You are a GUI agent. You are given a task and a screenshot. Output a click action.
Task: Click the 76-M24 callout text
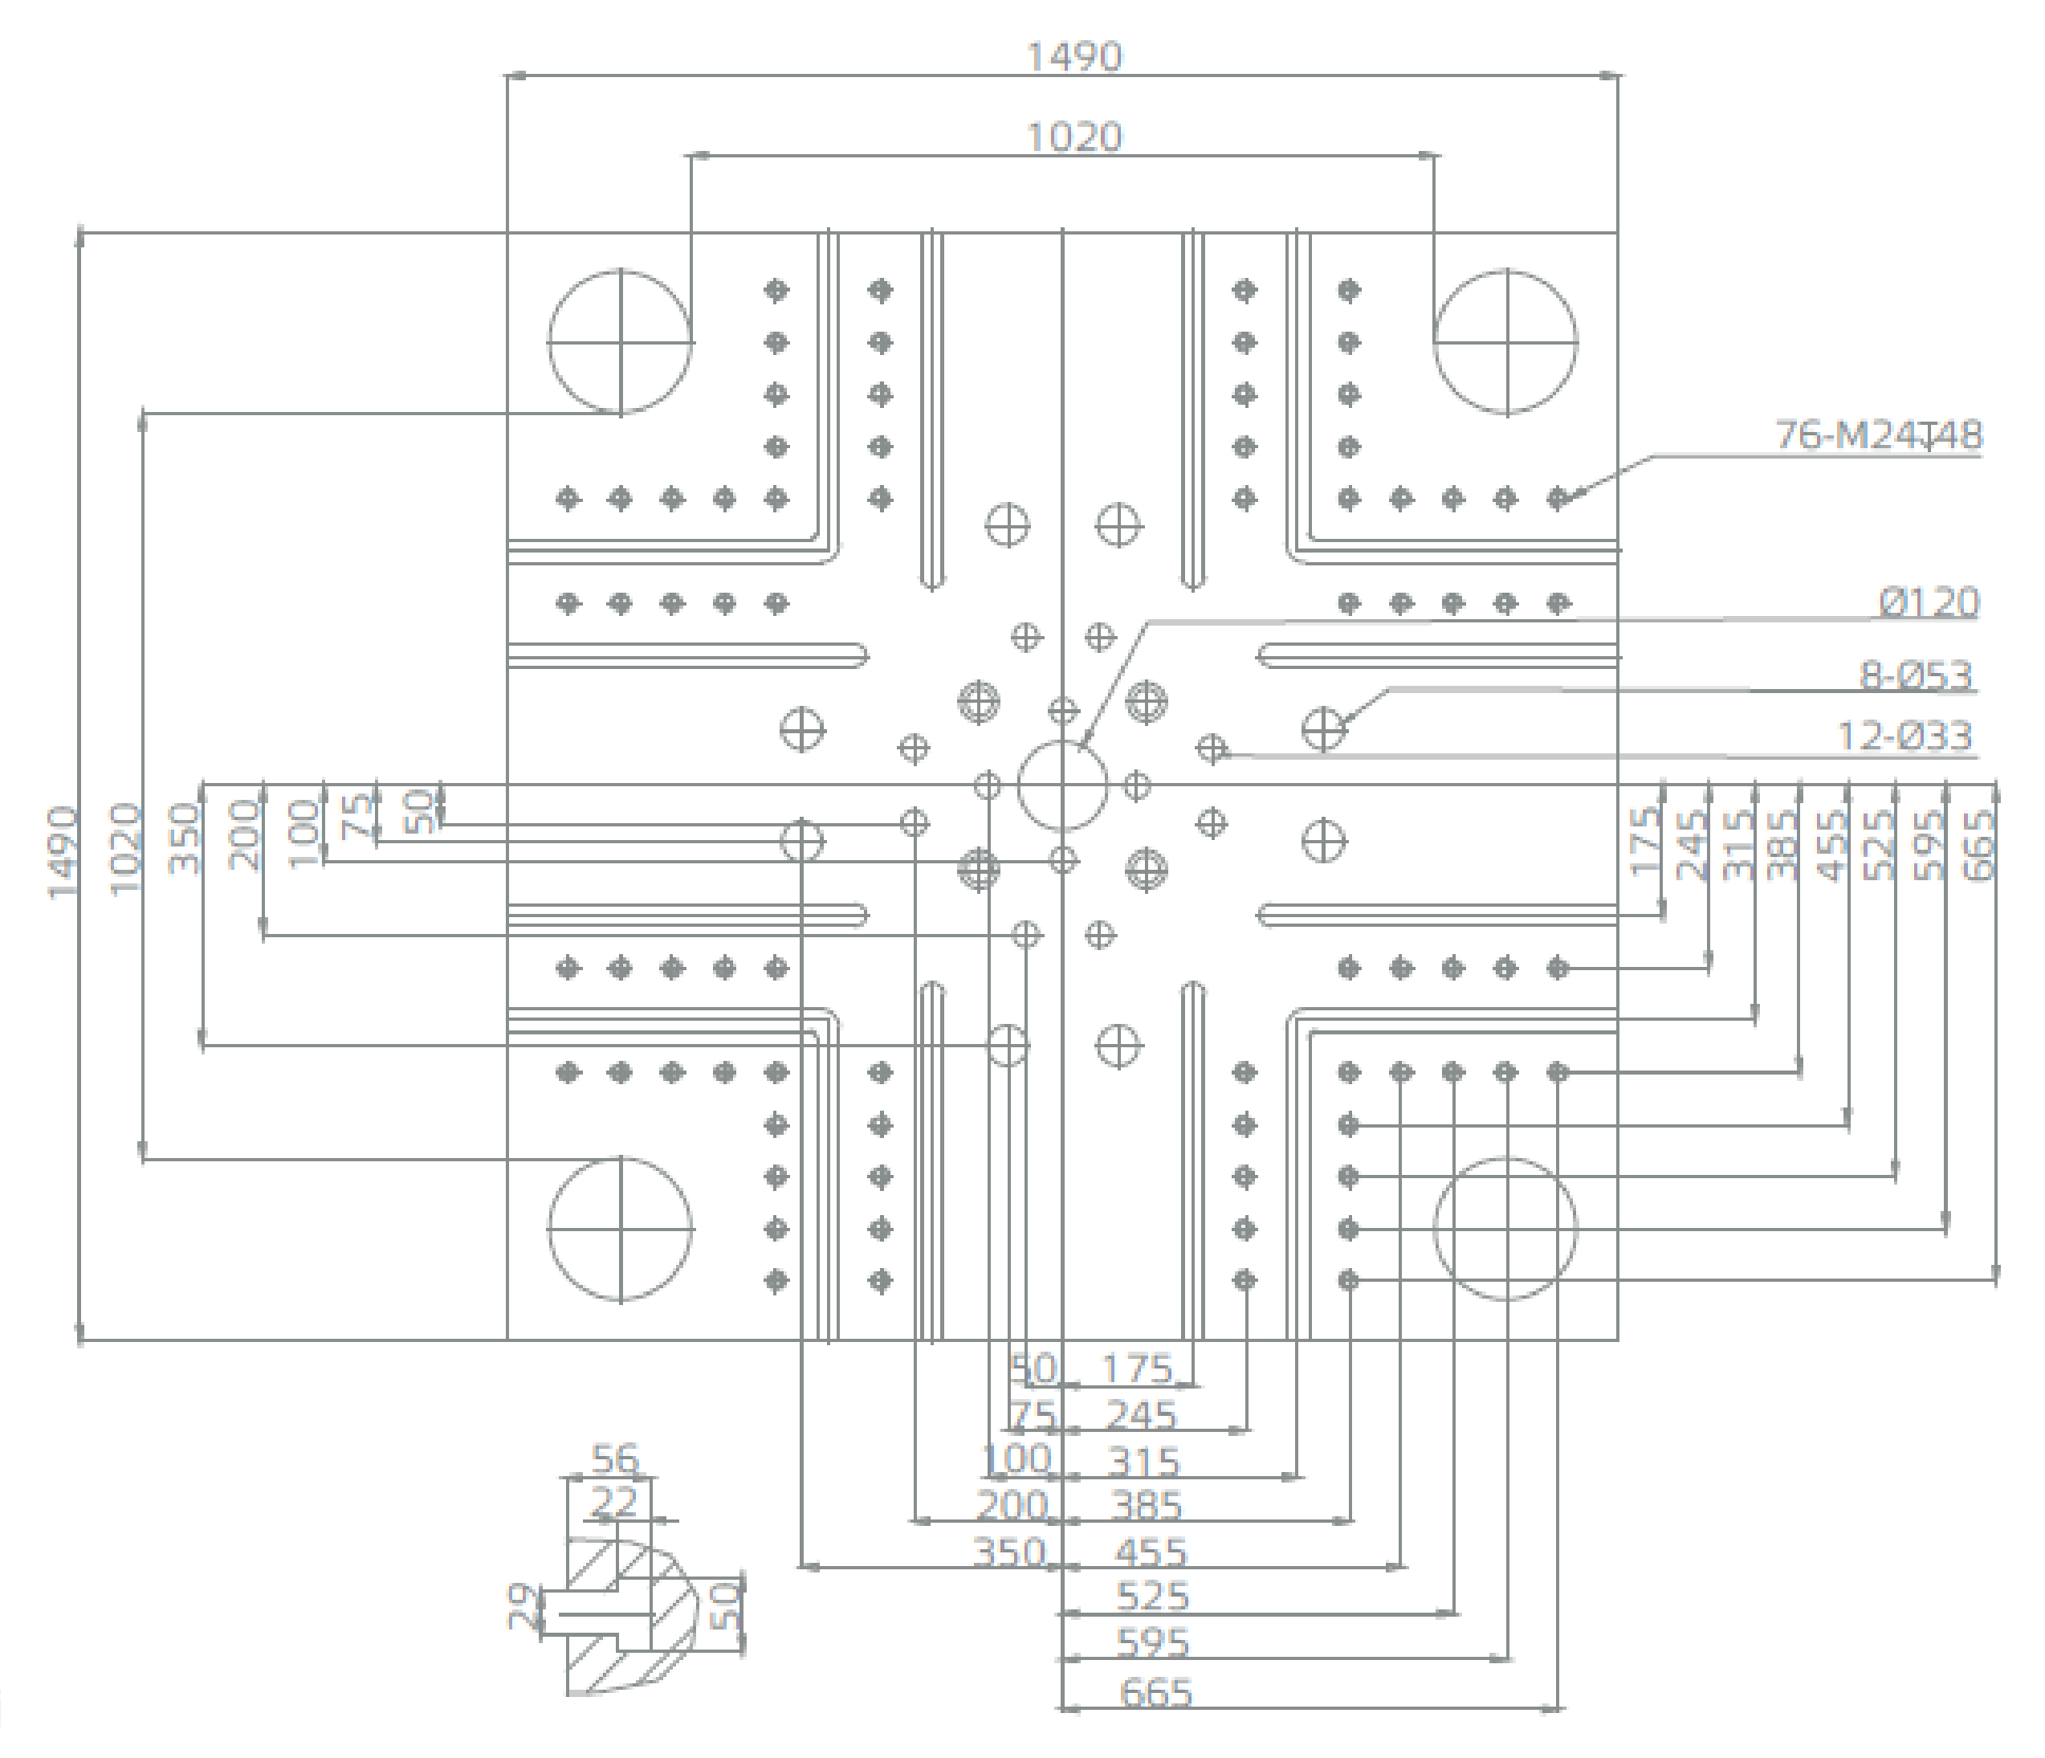click(1878, 434)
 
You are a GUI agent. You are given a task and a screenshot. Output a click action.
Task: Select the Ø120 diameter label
click(1928, 602)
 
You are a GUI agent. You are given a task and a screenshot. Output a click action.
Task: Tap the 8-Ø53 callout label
click(1916, 675)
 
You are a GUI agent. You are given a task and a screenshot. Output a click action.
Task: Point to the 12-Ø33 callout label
click(1904, 736)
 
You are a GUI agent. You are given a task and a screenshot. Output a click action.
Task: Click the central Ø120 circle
click(1062, 785)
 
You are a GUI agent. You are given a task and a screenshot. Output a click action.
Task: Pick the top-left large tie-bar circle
click(620, 341)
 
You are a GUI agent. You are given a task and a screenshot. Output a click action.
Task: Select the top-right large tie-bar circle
click(1505, 341)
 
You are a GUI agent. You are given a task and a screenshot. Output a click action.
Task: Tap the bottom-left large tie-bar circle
click(620, 1229)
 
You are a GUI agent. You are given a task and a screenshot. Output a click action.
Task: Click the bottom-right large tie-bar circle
click(1505, 1229)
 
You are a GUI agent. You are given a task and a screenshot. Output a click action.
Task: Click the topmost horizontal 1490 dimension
click(1075, 56)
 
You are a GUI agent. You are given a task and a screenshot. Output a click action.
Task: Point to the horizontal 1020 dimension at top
click(1075, 137)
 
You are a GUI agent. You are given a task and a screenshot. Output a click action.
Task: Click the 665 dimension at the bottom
click(1155, 1693)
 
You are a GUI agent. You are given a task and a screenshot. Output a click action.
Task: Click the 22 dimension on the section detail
click(614, 1503)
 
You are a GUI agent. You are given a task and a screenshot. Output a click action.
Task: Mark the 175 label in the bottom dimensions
click(1137, 1369)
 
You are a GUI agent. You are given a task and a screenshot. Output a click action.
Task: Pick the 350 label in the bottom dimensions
click(1008, 1552)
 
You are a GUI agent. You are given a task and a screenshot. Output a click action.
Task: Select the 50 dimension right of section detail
click(725, 1606)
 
